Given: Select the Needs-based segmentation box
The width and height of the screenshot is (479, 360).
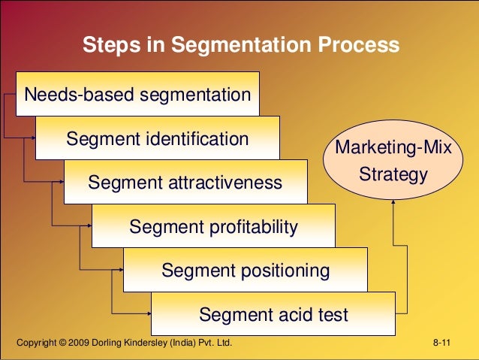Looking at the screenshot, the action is click(137, 95).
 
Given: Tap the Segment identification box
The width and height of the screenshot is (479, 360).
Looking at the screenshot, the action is click(157, 138).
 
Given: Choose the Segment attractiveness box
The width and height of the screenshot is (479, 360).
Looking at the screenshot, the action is click(185, 183).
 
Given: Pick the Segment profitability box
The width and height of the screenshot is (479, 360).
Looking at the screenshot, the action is click(213, 226).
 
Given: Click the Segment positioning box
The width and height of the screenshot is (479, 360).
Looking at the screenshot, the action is click(245, 270).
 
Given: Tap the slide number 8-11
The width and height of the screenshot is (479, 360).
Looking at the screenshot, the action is click(441, 343).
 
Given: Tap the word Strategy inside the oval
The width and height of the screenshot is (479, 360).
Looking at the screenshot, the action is click(393, 175).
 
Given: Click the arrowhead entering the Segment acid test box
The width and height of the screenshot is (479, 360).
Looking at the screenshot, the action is click(149, 313).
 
